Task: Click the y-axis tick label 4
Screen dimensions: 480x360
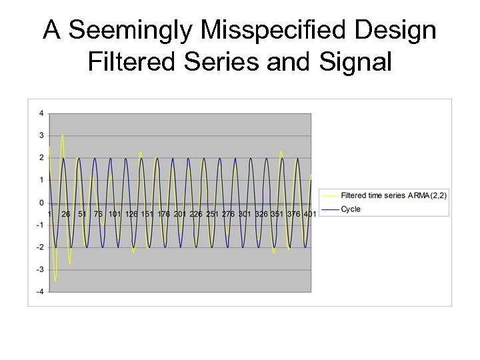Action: tap(41, 113)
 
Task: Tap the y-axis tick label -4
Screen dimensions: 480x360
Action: tap(40, 292)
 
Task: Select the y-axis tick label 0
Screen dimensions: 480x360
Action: tap(41, 203)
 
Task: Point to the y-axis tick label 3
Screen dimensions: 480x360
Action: tap(41, 136)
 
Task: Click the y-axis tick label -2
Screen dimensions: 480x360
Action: tap(40, 247)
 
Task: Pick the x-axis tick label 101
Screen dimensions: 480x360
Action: tap(115, 214)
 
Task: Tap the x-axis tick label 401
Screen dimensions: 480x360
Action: tap(309, 214)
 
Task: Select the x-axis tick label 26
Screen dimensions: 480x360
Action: tap(66, 214)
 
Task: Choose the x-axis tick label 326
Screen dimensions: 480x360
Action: tap(261, 214)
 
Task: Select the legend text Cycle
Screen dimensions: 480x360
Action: tap(351, 209)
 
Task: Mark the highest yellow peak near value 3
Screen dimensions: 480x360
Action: tap(63, 135)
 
